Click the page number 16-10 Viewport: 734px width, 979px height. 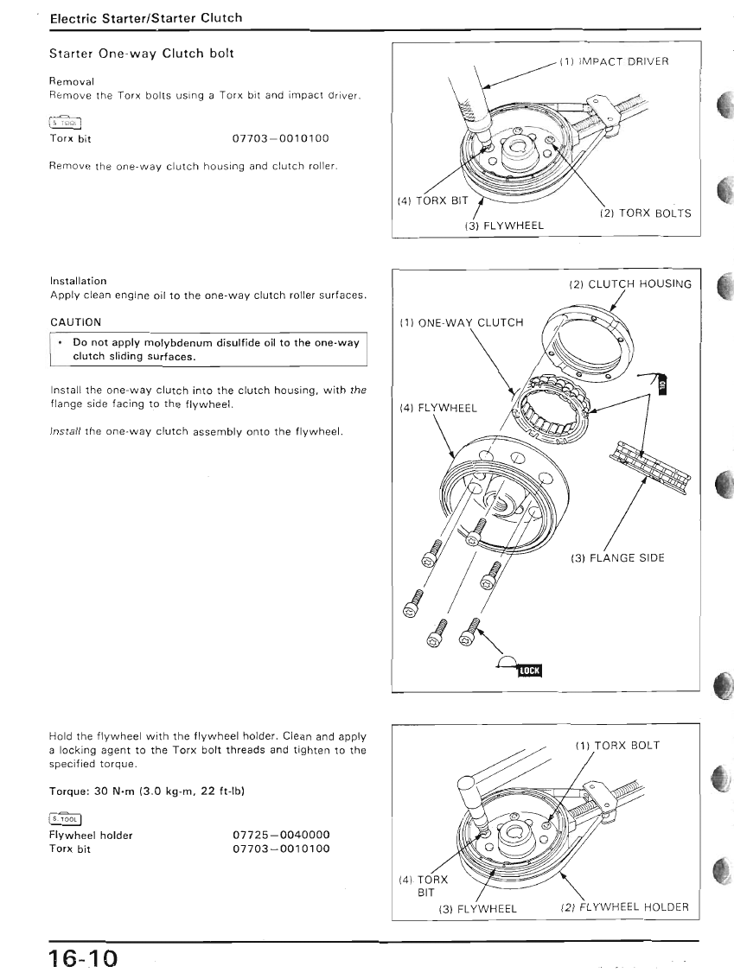tap(82, 958)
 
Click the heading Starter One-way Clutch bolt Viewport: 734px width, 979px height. tap(141, 54)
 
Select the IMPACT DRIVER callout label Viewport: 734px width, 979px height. tap(614, 61)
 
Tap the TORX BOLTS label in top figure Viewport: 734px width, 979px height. tap(644, 213)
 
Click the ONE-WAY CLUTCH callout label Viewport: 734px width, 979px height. tap(462, 322)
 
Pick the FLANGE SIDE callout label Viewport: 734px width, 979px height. tap(617, 557)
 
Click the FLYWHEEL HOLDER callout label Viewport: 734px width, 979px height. tap(624, 906)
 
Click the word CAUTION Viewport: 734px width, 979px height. tap(75, 322)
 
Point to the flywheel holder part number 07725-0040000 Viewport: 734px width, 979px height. tap(282, 836)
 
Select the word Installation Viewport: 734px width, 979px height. tap(78, 281)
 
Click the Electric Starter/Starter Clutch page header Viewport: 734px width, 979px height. tap(146, 17)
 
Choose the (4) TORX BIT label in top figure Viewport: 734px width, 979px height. tap(431, 200)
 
